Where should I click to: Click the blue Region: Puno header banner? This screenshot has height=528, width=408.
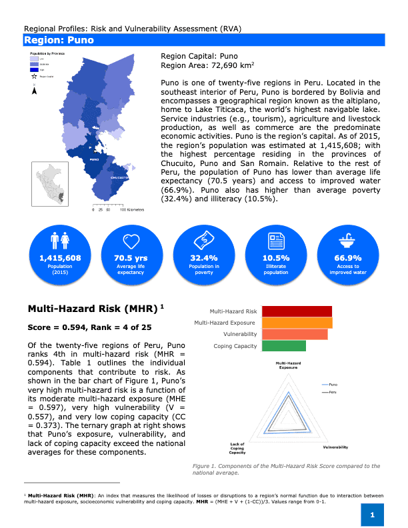click(204, 40)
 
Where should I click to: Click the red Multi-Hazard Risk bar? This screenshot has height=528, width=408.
click(297, 311)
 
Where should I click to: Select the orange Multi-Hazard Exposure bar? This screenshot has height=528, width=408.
click(297, 323)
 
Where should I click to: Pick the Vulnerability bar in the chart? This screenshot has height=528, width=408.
click(295, 334)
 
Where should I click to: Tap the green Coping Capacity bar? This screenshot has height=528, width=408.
click(283, 346)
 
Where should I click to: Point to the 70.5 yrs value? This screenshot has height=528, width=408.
click(131, 258)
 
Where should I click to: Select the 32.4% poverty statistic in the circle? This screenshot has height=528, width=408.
click(204, 258)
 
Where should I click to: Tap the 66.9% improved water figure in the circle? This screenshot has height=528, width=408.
click(348, 258)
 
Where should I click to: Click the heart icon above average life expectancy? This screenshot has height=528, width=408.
click(131, 239)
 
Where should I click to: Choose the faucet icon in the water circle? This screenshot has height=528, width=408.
click(348, 239)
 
